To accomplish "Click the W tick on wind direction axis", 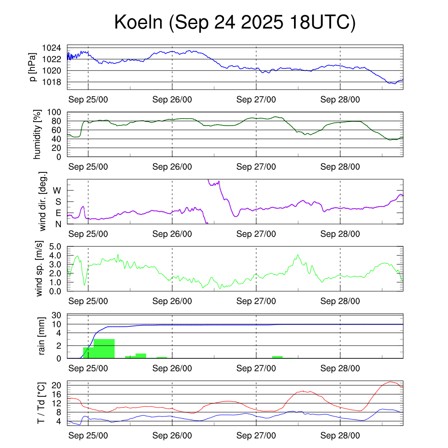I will (x=57, y=190).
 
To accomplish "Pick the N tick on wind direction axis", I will (x=58, y=224).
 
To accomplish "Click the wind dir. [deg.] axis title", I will (x=43, y=202).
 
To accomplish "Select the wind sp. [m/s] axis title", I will (x=39, y=269).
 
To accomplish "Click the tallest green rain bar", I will (x=104, y=348).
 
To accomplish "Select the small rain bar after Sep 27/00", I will (x=277, y=357).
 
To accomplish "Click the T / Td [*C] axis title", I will (x=41, y=403).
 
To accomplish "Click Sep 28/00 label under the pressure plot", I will (x=340, y=99).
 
